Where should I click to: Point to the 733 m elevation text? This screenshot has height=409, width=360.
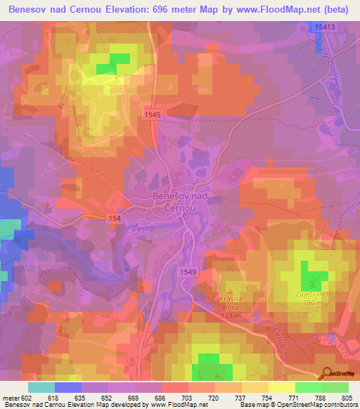pos(231,316)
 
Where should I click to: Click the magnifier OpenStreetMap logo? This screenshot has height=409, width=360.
pos(326,372)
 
